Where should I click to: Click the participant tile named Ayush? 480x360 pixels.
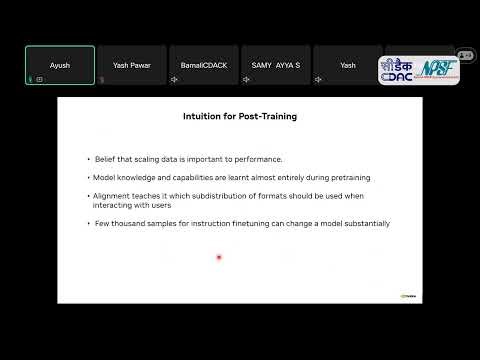60,65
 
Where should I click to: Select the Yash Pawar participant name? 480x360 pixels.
132,65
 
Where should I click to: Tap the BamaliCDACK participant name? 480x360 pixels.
204,65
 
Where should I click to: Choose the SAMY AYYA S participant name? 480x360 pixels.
276,65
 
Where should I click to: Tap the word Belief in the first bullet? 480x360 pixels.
104,159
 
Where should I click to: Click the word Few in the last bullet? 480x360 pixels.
100,223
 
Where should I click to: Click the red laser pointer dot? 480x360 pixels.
218,258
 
